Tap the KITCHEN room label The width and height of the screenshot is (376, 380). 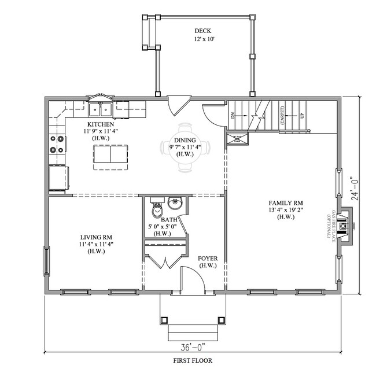(x=99, y=124)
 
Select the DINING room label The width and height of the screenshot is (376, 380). (x=185, y=141)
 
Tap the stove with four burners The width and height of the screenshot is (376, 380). (x=57, y=144)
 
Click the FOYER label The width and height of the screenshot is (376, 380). (x=207, y=258)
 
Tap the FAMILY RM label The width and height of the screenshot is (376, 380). (x=285, y=203)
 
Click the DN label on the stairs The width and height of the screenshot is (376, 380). (x=234, y=115)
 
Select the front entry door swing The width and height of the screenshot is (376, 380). (x=194, y=278)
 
